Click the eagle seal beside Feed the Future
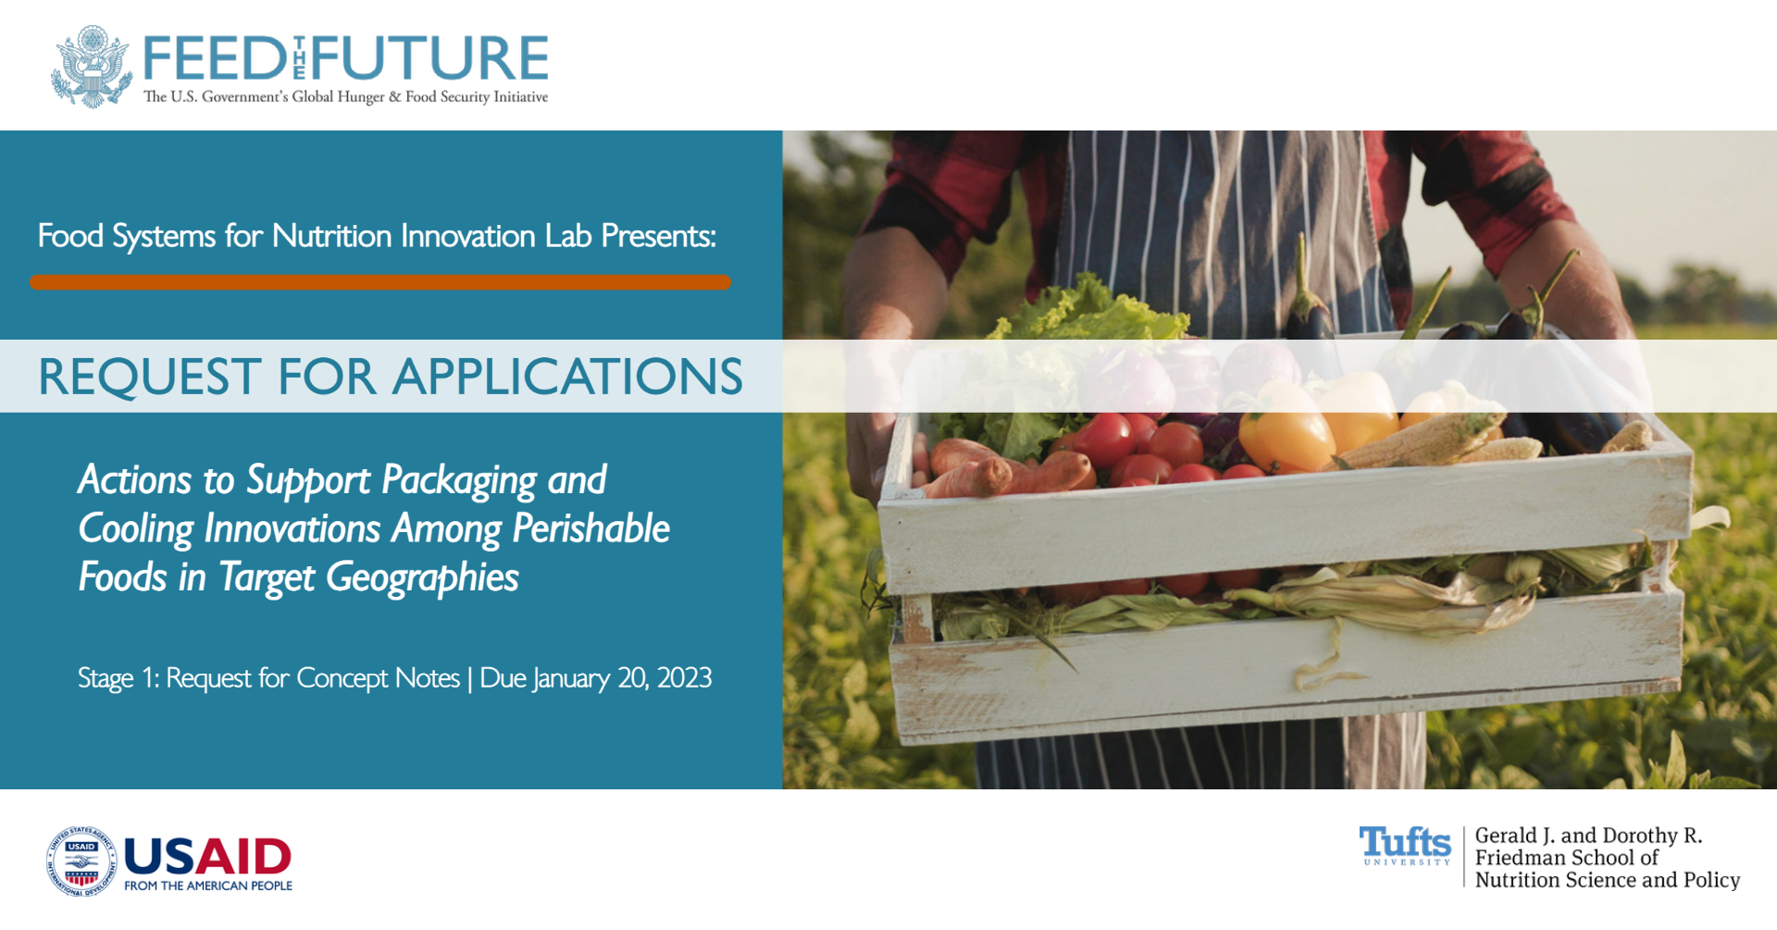click(x=92, y=67)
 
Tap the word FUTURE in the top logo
click(x=431, y=58)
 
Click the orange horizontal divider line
click(x=380, y=282)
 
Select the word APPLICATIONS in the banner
click(x=567, y=377)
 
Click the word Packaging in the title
click(x=459, y=481)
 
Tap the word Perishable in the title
click(x=591, y=528)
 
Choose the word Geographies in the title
click(x=422, y=578)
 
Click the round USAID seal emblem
click(x=81, y=862)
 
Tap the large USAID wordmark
click(x=207, y=857)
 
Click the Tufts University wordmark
click(x=1405, y=846)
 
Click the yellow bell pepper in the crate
click(x=1286, y=428)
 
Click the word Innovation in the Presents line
click(x=468, y=236)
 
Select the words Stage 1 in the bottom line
click(x=118, y=679)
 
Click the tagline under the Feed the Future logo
click(x=345, y=97)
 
